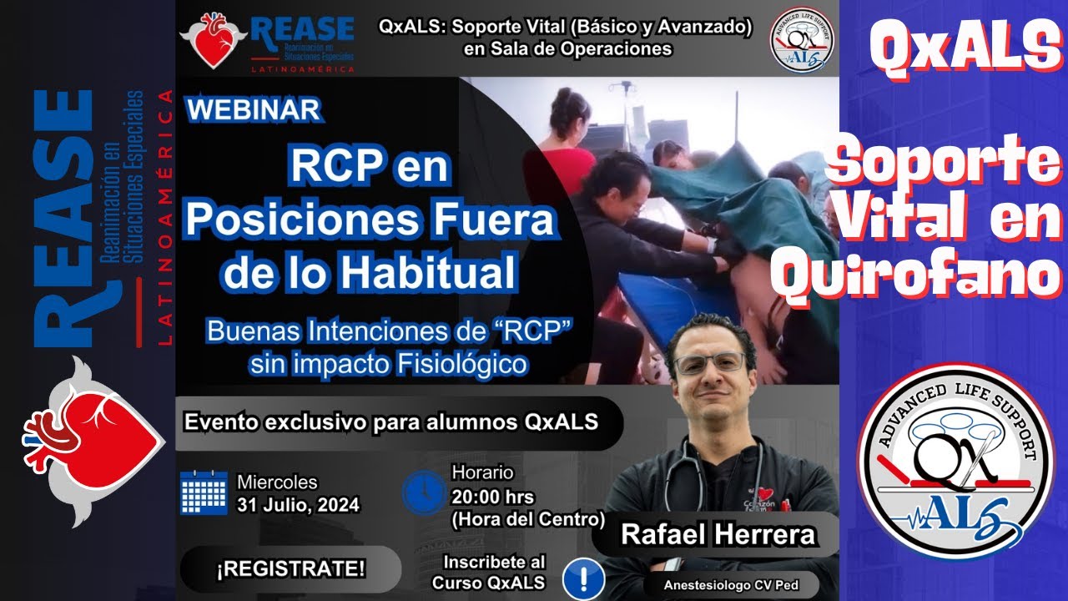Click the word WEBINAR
pos(252,109)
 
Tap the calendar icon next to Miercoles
pos(204,492)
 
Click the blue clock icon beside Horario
pos(423,492)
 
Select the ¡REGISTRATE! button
pos(290,570)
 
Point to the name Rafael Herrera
pos(718,534)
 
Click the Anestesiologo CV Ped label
pos(730,585)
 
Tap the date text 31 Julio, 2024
pos(298,504)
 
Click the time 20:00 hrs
pos(487,496)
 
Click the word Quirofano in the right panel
pos(915,277)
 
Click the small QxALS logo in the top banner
pos(800,38)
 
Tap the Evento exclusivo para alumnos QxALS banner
pos(390,422)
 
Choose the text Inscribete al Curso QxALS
pos(488,572)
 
